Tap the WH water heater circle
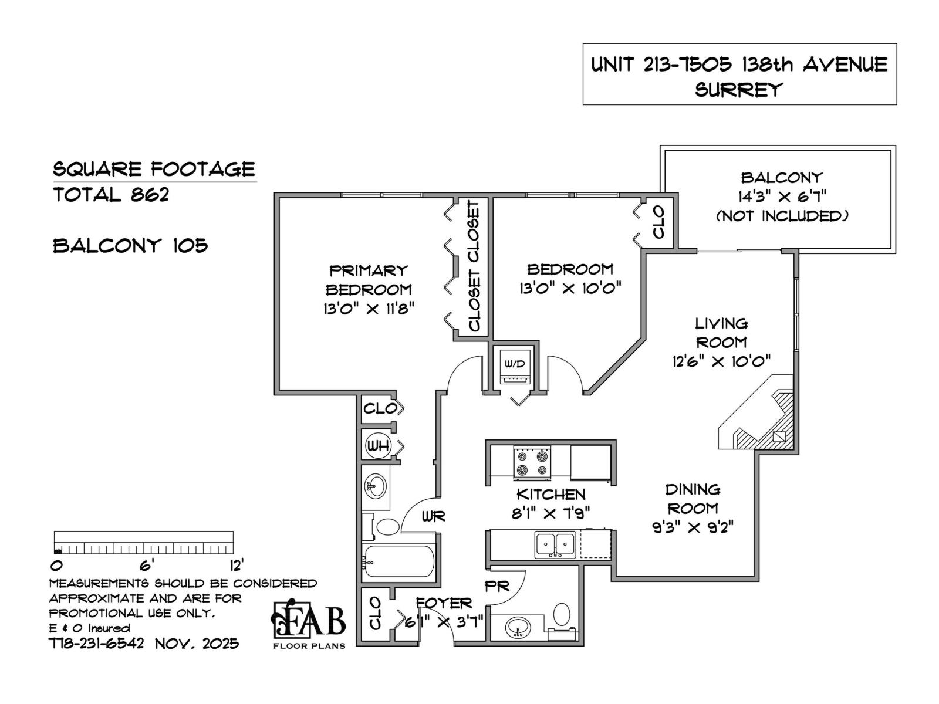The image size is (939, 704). tap(378, 446)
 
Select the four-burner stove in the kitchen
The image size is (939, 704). tap(532, 462)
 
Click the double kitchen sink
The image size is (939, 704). tap(555, 544)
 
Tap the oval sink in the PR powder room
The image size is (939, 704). tap(518, 628)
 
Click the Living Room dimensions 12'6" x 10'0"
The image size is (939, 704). tap(721, 361)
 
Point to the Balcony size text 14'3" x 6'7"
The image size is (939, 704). tap(781, 197)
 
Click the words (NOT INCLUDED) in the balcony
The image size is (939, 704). tap(782, 216)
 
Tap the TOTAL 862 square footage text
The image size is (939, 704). tap(112, 195)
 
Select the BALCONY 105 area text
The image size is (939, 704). tap(130, 246)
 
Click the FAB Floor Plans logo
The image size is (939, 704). tap(309, 624)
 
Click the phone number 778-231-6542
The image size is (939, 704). tap(97, 644)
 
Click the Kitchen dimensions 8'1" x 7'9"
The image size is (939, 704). tap(551, 513)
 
